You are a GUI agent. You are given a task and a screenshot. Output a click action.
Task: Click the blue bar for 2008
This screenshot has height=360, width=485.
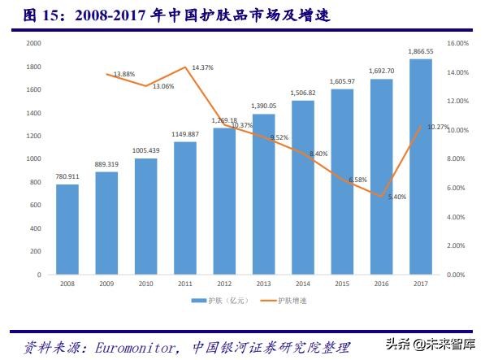(67, 229)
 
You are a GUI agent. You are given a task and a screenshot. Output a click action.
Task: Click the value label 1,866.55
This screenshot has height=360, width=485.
(420, 51)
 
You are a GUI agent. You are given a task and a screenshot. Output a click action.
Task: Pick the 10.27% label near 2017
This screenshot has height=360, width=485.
(437, 126)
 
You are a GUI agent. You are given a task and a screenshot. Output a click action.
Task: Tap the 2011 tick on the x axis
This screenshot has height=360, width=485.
(184, 284)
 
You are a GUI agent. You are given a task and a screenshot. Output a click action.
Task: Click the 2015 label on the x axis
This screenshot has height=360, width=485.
(342, 284)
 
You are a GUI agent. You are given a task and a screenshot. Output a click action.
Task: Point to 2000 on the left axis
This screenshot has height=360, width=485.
(33, 43)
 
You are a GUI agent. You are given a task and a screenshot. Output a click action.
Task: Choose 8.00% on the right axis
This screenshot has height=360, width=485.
(458, 159)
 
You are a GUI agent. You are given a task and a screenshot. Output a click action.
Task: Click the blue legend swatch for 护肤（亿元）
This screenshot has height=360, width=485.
(197, 301)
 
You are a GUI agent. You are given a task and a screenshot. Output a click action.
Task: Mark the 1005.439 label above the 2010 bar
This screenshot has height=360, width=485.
(146, 151)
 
